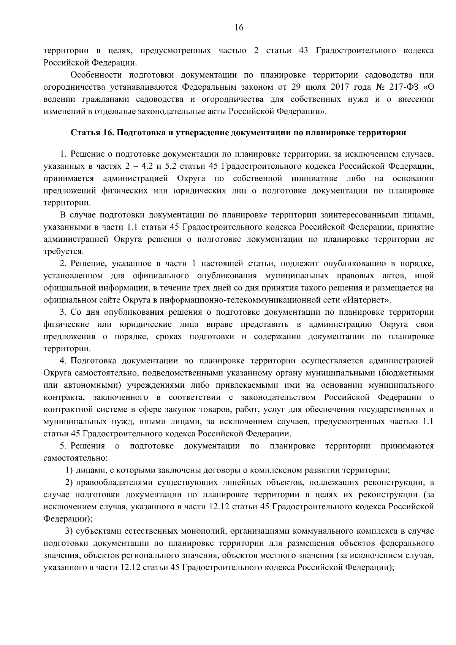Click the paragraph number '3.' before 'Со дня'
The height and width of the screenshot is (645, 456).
(x=63, y=312)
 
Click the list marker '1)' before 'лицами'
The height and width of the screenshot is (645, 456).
(x=70, y=470)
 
